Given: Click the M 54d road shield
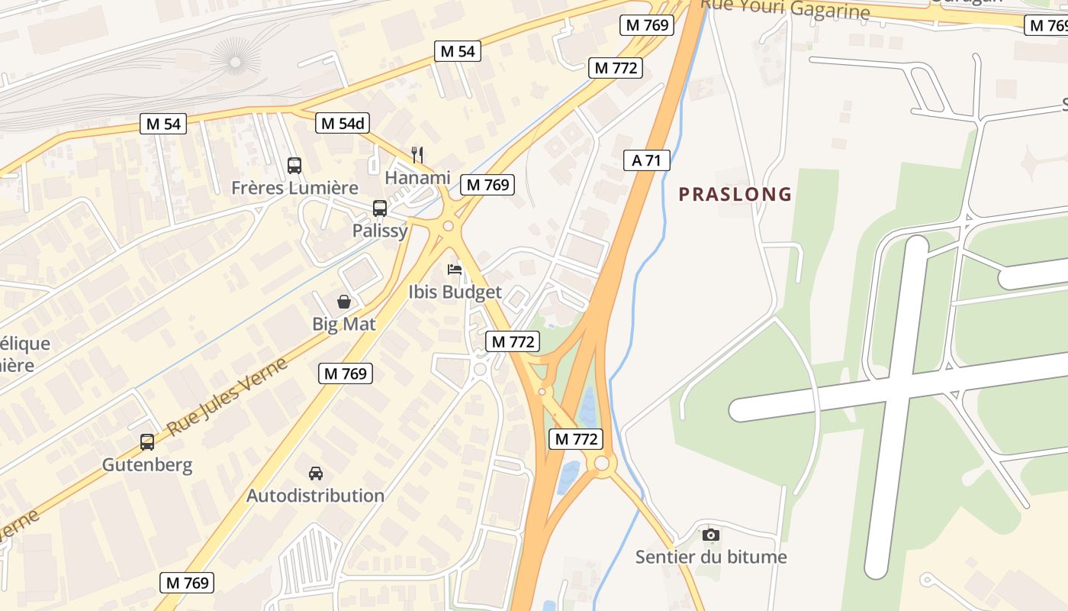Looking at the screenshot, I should (343, 123).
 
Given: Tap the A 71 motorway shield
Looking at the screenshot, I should (646, 160).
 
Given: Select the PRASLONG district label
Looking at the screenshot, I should (735, 194).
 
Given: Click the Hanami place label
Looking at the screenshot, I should (417, 177).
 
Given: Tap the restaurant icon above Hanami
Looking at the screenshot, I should (417, 155).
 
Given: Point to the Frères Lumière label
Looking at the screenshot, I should (294, 187).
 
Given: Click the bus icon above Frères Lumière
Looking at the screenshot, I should (294, 165).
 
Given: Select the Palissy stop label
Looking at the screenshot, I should (380, 230).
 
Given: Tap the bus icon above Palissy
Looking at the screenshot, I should (379, 208).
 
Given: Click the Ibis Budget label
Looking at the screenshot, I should (455, 292).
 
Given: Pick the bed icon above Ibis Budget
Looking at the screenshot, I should (455, 270).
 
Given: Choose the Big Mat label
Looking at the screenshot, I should (344, 324).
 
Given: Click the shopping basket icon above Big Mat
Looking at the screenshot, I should (344, 302).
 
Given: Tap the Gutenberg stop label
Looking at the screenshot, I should (147, 464).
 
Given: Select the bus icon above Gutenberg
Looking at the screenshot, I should (147, 441).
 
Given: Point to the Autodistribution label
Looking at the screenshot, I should (315, 496).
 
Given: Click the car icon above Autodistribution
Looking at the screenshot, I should (315, 474).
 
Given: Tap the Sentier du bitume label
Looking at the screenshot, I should (711, 557).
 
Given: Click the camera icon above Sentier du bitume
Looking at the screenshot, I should (711, 535).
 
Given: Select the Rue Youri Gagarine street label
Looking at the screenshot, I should (785, 9).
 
